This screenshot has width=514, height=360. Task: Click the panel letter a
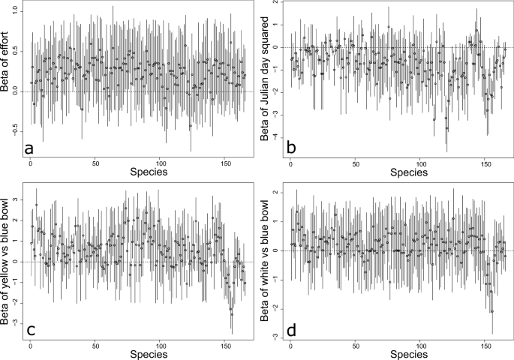pos(29,149)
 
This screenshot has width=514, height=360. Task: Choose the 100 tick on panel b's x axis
pos(420,163)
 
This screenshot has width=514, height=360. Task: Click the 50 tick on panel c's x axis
pos(95,345)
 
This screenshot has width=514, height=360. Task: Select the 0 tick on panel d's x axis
pos(290,345)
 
